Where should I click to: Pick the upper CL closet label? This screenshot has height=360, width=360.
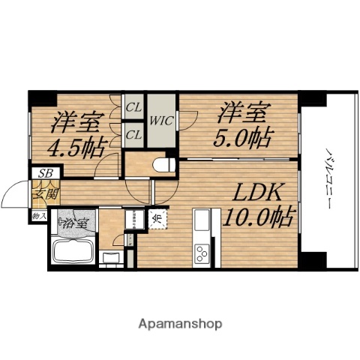coord(135,108)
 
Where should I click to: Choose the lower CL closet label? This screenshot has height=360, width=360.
coord(135,135)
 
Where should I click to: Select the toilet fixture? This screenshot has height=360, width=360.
coord(160,163)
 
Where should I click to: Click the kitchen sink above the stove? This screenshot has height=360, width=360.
coord(202,223)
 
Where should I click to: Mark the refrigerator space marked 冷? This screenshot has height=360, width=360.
coord(159,219)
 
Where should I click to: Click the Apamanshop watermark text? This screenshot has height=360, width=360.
coord(180,324)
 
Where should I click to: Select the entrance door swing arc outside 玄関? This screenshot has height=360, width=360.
coord(13,196)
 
